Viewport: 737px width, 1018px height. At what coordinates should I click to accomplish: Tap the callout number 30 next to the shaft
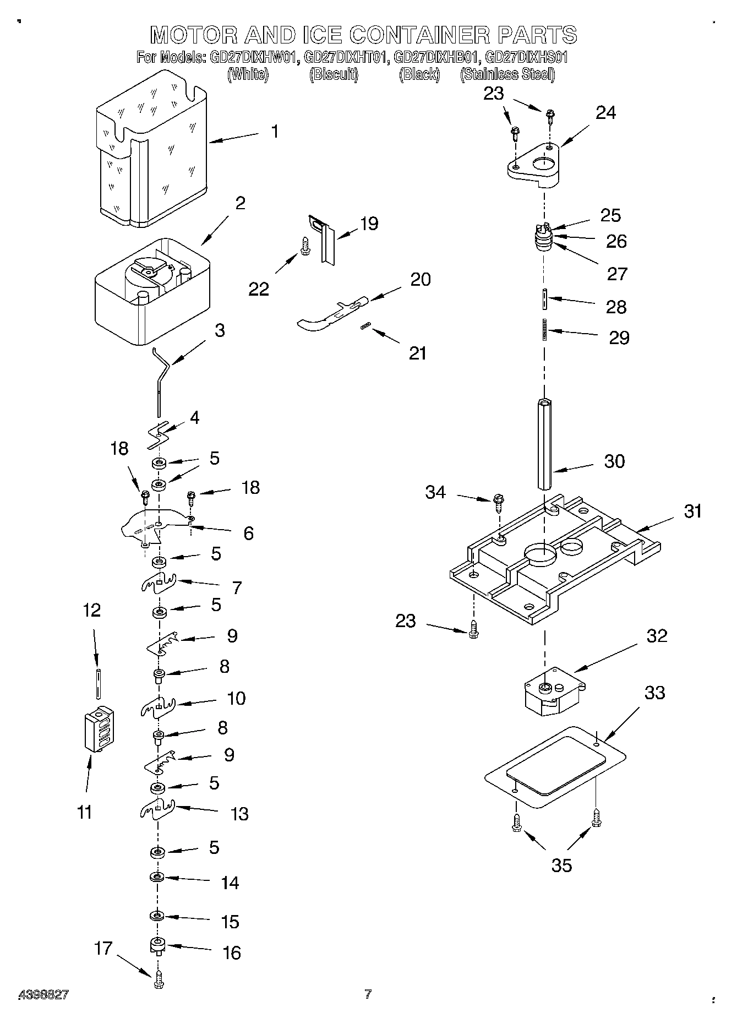[x=614, y=461]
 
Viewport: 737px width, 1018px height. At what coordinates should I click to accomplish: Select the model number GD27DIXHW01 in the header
[x=255, y=57]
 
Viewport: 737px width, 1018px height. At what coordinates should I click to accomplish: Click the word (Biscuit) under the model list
[x=334, y=74]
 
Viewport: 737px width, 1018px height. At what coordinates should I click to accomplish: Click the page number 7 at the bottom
[x=368, y=994]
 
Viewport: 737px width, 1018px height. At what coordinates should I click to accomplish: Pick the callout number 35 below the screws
[x=561, y=865]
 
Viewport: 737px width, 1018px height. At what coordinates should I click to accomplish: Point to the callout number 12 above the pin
[x=92, y=610]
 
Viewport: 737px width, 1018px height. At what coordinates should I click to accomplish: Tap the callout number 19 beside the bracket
[x=369, y=224]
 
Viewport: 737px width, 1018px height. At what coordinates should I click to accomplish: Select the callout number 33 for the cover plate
[x=654, y=693]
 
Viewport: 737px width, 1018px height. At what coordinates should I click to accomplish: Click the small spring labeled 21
[x=364, y=328]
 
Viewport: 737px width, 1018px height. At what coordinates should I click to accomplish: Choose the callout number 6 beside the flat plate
[x=248, y=533]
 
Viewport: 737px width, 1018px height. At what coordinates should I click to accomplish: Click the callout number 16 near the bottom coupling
[x=232, y=952]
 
